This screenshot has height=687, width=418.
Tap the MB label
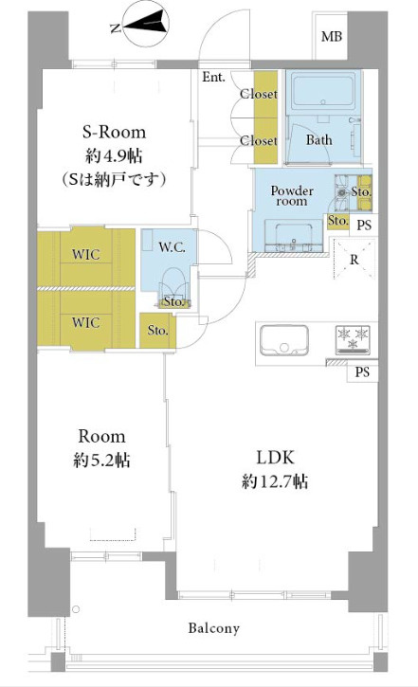[x=331, y=36]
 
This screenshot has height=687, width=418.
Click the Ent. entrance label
[x=213, y=78]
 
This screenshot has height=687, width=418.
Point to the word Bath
[x=319, y=140]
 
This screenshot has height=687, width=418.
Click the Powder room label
[x=292, y=196]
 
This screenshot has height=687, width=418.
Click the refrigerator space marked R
[x=354, y=260]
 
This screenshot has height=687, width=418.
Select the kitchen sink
[x=284, y=340]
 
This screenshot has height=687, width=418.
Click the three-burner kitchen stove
[x=353, y=340]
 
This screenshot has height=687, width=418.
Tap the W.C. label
[x=172, y=247]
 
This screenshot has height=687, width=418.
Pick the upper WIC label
[x=86, y=255]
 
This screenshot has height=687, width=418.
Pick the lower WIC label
[x=86, y=322]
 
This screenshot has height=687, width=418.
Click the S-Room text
[x=114, y=132]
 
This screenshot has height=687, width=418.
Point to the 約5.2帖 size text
[x=101, y=461]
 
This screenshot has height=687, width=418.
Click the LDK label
[x=275, y=458]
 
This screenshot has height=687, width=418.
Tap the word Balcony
[x=214, y=628]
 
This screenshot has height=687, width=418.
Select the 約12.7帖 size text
[x=275, y=481]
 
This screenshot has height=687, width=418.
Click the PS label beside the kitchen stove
[x=362, y=372]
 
